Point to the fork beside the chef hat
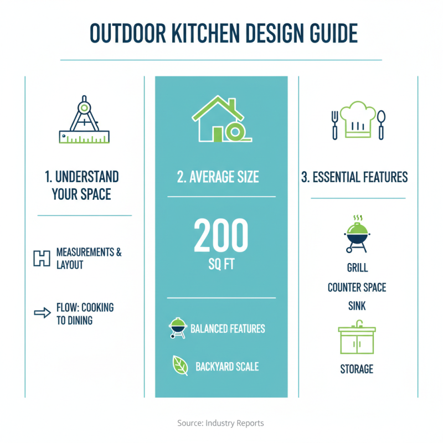tap(334, 124)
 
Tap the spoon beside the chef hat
tap(381, 124)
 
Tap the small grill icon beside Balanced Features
tap(177, 328)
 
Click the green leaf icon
tap(180, 365)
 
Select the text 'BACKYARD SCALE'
tap(227, 367)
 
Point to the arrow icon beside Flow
tap(42, 313)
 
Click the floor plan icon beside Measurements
tap(42, 259)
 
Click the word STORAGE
tap(357, 369)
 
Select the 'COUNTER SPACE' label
tap(357, 288)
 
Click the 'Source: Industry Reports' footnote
tap(221, 423)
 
